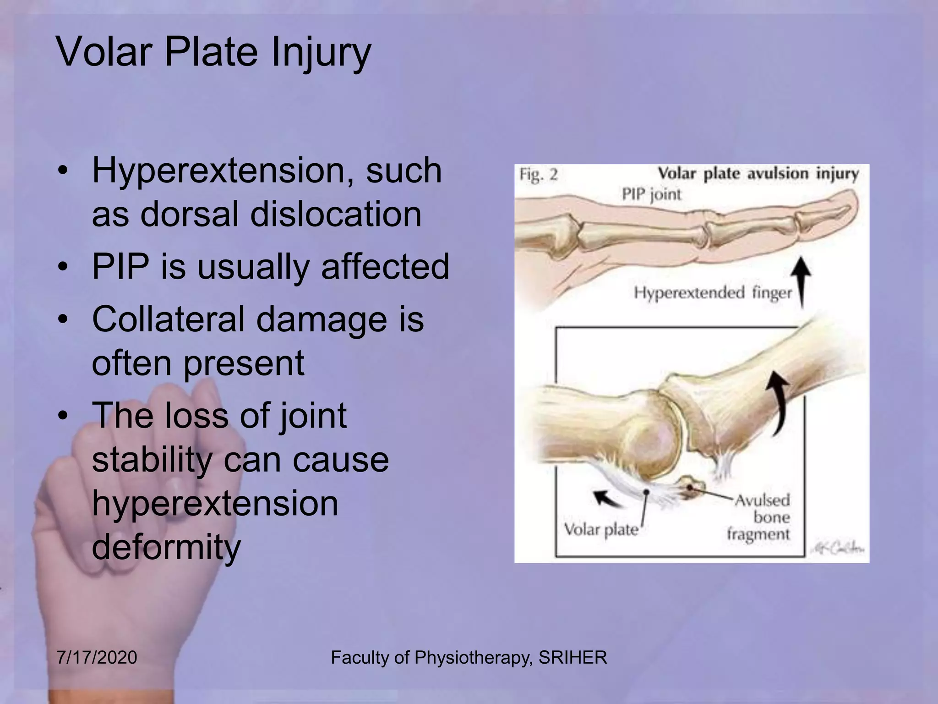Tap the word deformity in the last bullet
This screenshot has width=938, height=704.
(x=166, y=547)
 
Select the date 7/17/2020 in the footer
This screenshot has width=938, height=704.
(x=97, y=658)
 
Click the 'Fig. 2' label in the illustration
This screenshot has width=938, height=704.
(x=539, y=175)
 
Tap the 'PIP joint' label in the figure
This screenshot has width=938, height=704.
(x=651, y=194)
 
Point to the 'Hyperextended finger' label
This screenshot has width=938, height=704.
(x=713, y=292)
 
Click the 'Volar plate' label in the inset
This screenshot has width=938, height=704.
(x=601, y=530)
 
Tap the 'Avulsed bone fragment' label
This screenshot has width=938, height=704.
(x=761, y=517)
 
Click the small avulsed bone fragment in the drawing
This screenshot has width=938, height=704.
(x=692, y=487)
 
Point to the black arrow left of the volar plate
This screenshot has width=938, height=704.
(x=605, y=498)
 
